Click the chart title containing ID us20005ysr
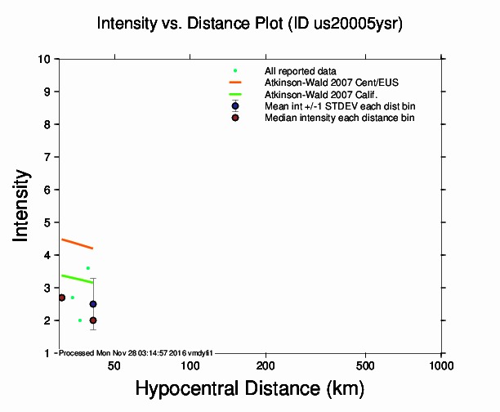click(x=249, y=24)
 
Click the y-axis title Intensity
click(x=22, y=205)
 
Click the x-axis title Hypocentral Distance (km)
click(x=249, y=387)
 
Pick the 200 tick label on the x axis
click(x=266, y=365)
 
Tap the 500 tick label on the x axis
click(x=365, y=365)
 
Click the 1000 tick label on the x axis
click(x=441, y=365)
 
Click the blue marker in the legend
click(x=235, y=106)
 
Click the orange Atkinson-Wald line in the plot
click(x=77, y=243)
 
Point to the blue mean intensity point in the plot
click(x=93, y=304)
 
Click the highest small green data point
click(x=88, y=268)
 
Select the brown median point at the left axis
click(x=61, y=298)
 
